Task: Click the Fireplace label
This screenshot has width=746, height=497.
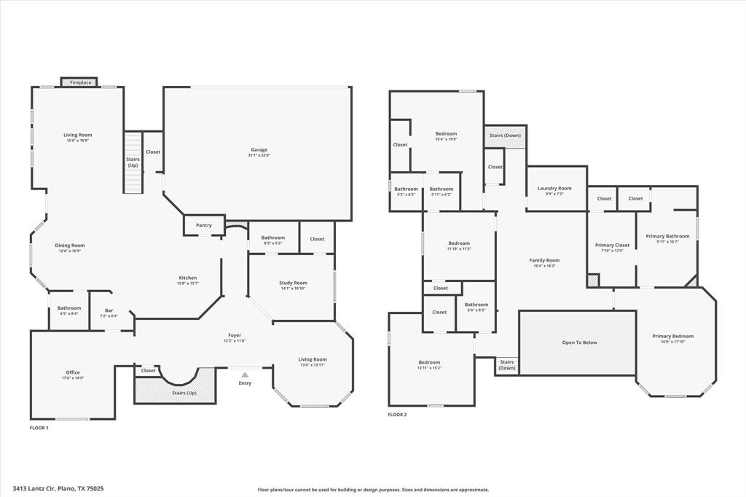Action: [x=80, y=82]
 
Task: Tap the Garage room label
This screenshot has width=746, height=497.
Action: [x=259, y=150]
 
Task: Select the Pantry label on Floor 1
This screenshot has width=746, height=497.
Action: [x=204, y=225]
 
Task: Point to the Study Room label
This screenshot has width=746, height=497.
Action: [x=293, y=283]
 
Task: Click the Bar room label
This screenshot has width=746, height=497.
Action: [x=109, y=310]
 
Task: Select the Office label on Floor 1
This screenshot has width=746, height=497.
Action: [x=73, y=372]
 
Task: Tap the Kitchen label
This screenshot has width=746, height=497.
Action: [x=188, y=278]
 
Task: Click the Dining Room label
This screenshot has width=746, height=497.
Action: [x=70, y=246]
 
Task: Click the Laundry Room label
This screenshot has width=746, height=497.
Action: [x=554, y=189]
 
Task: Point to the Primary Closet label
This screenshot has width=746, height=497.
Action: [x=612, y=246]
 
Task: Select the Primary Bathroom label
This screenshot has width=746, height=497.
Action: [x=667, y=236]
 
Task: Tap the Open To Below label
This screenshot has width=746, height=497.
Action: [x=579, y=343]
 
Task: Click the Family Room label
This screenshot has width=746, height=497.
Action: [x=544, y=260]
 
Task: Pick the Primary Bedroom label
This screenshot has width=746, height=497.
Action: [x=672, y=336]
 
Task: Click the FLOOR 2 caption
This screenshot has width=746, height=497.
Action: [x=397, y=414]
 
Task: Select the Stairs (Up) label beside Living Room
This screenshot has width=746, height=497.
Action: [x=133, y=162]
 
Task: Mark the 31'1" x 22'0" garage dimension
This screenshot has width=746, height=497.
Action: [x=259, y=155]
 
